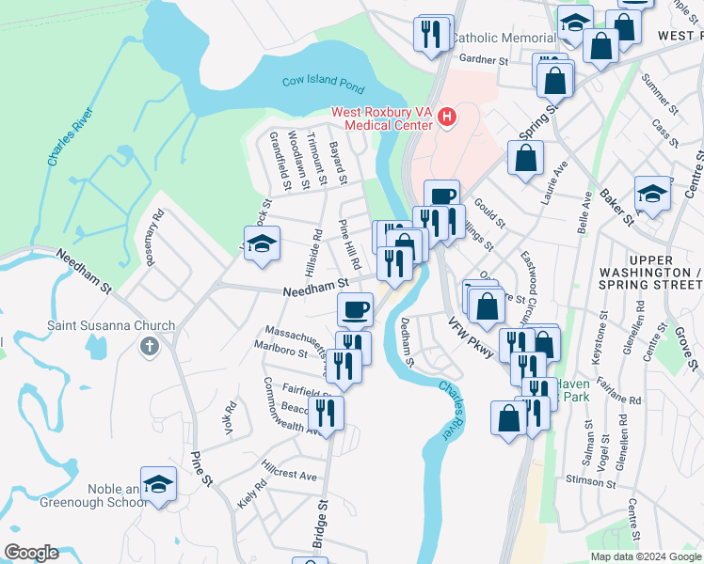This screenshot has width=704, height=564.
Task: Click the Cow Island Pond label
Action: click(x=323, y=84)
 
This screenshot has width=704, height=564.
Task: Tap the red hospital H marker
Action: click(x=447, y=117)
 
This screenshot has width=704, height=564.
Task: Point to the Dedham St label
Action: click(x=408, y=340)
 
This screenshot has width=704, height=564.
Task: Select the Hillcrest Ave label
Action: click(x=290, y=476)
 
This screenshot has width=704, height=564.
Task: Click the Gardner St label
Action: click(x=486, y=60)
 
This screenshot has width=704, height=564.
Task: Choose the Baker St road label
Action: click(x=621, y=210)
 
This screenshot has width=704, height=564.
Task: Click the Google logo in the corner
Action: click(x=30, y=553)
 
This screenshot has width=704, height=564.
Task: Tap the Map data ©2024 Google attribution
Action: click(x=646, y=556)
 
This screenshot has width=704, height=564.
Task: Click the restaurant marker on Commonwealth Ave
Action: click(x=326, y=413)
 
